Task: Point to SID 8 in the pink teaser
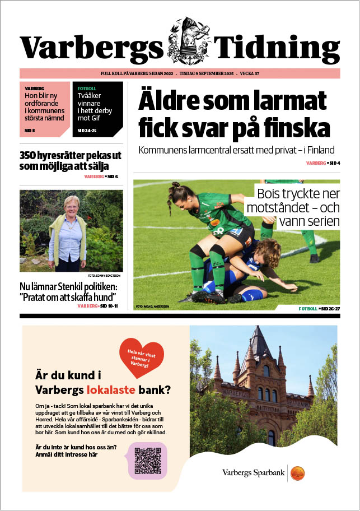(x=30, y=131)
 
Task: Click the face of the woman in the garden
(x=71, y=206)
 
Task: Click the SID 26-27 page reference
(x=329, y=309)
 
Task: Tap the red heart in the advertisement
(x=142, y=356)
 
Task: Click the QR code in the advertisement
(x=148, y=460)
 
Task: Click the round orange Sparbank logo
(x=298, y=473)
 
